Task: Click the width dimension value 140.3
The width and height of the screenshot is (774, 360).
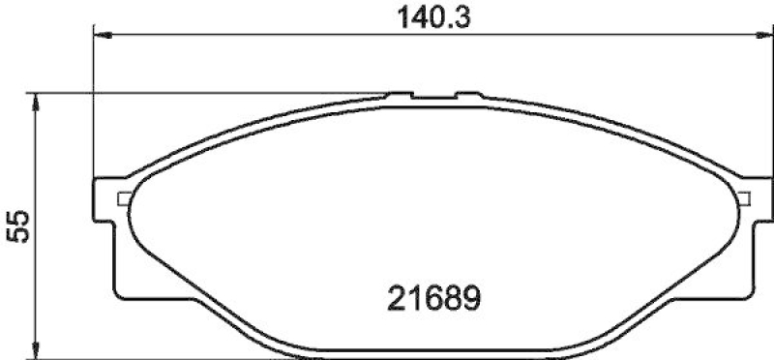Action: (426, 17)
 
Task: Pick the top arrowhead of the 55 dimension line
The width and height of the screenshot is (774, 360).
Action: (36, 99)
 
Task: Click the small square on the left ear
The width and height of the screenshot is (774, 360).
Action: (123, 199)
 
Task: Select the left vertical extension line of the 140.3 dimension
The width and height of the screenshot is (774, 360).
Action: (93, 106)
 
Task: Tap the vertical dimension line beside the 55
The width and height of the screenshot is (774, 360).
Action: (36, 281)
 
